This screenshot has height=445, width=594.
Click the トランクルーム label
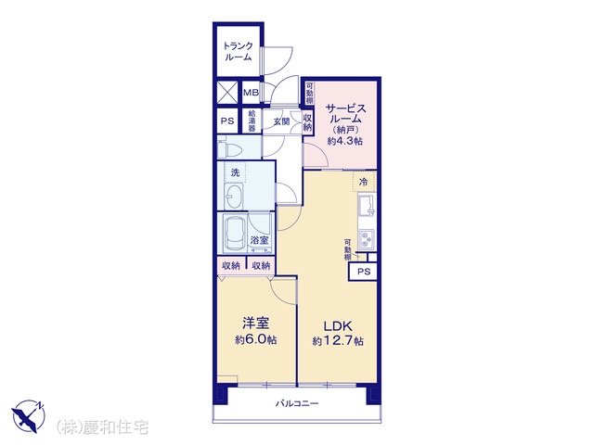click(239, 52)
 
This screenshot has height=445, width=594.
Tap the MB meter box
click(251, 92)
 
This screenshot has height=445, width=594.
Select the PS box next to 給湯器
click(227, 121)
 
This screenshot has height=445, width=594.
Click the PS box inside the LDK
click(364, 272)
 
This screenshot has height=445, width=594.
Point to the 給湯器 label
click(252, 121)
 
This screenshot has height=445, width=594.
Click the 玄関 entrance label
click(281, 121)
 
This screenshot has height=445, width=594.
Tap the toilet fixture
click(229, 147)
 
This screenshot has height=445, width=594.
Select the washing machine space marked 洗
click(235, 173)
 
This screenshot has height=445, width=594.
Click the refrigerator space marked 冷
click(364, 182)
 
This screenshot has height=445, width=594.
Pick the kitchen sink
click(367, 207)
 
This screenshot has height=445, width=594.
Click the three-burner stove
click(367, 239)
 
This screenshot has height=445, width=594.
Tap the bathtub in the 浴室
click(236, 234)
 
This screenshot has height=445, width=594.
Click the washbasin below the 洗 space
click(233, 197)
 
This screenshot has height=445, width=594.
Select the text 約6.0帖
click(256, 339)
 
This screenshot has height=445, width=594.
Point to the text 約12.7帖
click(338, 341)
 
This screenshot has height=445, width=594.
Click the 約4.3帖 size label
click(345, 141)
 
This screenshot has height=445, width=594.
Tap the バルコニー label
click(297, 403)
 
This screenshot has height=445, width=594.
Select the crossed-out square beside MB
click(227, 93)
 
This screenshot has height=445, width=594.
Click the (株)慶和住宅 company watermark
click(102, 427)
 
